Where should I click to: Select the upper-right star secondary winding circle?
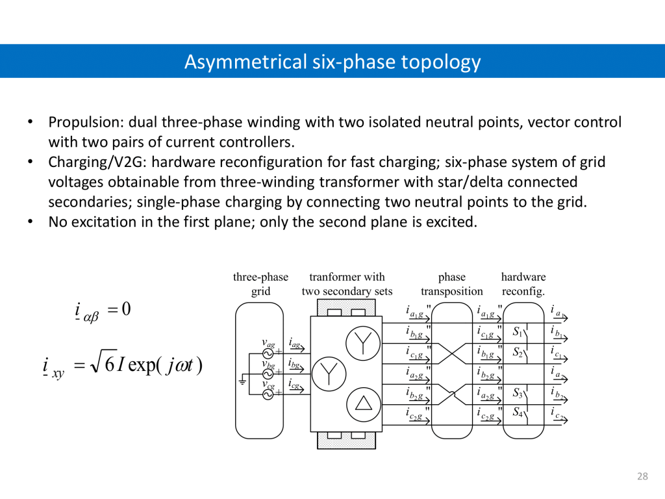tap(362, 342)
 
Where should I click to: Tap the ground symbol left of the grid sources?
tap(242, 381)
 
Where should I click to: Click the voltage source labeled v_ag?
tap(267, 353)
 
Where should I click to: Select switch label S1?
tap(518, 332)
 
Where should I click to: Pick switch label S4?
tap(518, 411)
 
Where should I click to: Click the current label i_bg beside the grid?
tap(295, 365)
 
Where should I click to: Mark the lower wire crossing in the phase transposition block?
tap(451, 392)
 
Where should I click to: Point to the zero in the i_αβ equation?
tap(126, 309)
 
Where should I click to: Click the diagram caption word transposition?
tap(452, 291)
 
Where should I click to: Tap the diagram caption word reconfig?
tap(523, 291)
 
